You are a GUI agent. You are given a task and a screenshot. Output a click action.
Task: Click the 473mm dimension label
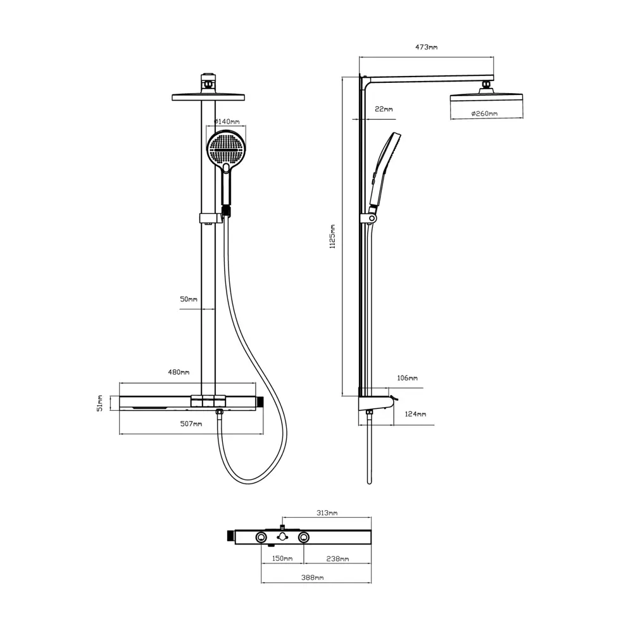(x=426, y=47)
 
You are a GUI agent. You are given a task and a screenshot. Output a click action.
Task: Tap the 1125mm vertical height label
(x=333, y=237)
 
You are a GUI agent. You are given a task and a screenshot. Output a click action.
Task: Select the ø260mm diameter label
(x=484, y=113)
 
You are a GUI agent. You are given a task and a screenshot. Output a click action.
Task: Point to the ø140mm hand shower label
(x=227, y=121)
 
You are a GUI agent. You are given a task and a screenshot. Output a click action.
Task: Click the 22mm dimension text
(x=384, y=109)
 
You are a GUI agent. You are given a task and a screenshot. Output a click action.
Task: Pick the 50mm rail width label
(x=189, y=299)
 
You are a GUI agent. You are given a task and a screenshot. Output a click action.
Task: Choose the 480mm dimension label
(x=179, y=372)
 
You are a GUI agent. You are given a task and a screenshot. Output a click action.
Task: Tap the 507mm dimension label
(x=191, y=424)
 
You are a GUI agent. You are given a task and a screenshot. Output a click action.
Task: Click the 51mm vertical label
(x=100, y=403)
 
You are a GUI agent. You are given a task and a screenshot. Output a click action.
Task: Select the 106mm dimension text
(x=407, y=379)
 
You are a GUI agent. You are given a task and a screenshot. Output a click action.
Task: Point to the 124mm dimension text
(x=415, y=414)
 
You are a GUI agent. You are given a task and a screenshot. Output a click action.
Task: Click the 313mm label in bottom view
(x=327, y=513)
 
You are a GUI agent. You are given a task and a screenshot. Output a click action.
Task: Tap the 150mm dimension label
(x=282, y=559)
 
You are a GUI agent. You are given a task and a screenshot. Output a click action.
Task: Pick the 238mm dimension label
(x=337, y=559)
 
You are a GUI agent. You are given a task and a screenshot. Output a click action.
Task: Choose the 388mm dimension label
(x=313, y=578)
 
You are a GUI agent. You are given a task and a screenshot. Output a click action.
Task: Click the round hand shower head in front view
(x=226, y=148)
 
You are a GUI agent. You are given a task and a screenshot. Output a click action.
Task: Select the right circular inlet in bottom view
(x=304, y=537)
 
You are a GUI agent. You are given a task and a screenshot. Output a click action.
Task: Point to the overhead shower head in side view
(x=486, y=101)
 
